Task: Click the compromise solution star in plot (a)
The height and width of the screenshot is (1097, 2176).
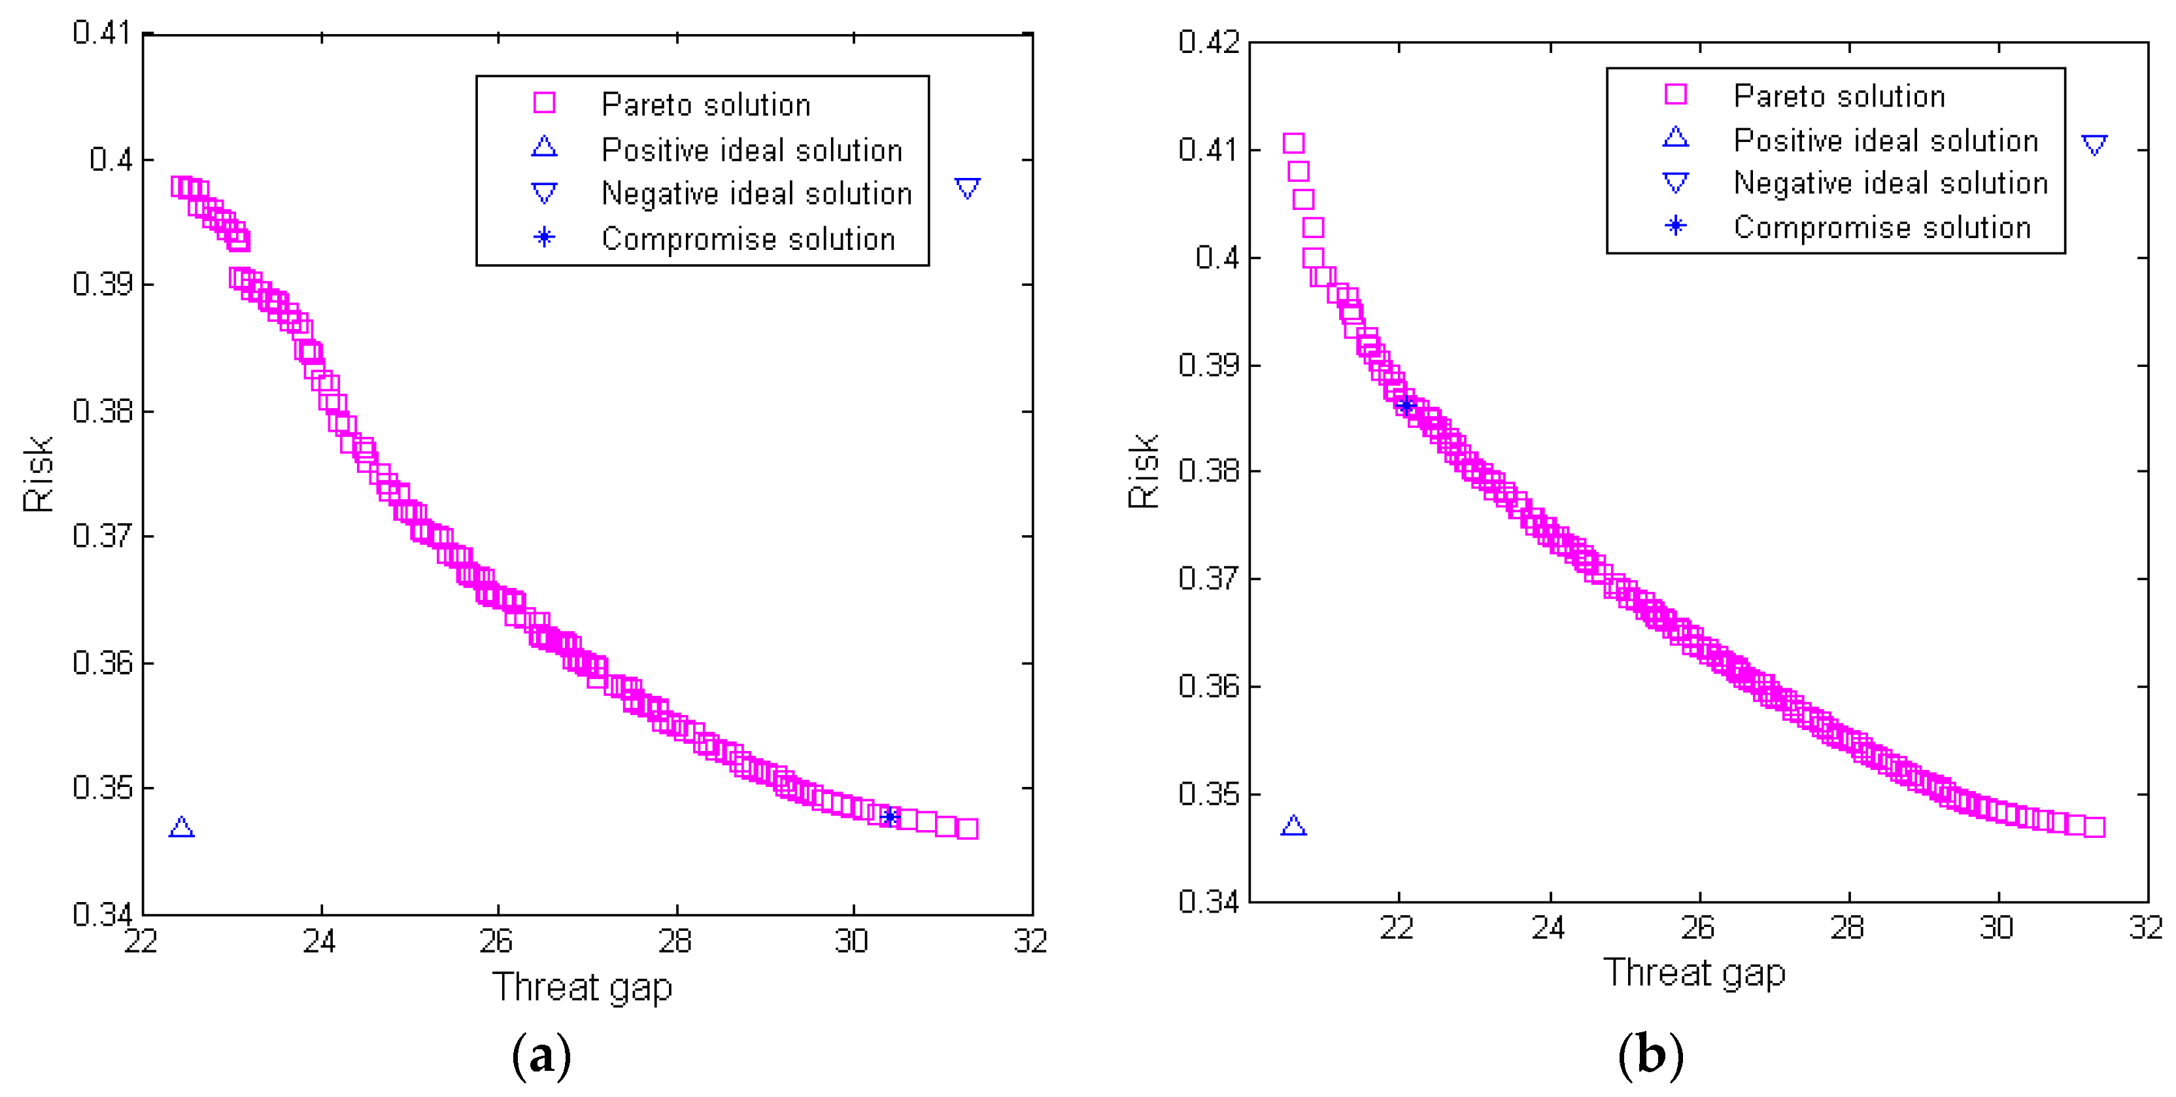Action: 889,816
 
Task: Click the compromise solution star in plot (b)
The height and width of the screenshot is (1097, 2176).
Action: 1406,406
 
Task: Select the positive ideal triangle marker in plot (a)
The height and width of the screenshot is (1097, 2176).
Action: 182,827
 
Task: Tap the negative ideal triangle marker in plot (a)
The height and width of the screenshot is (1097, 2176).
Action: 967,188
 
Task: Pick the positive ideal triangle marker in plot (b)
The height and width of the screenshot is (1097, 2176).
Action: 1293,826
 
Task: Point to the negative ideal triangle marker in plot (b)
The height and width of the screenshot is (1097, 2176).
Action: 2094,145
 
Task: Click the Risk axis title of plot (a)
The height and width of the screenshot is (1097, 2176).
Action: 38,474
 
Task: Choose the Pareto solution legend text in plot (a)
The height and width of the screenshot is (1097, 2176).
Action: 705,105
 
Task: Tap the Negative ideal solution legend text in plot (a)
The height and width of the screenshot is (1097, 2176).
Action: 756,194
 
